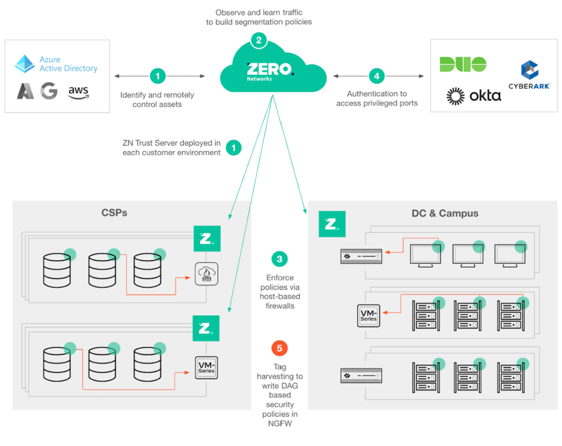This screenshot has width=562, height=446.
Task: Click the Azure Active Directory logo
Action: [56, 64]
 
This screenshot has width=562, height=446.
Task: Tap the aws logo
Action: [78, 91]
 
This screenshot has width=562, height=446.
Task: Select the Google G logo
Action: [49, 91]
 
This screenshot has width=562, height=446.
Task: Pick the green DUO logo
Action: [462, 65]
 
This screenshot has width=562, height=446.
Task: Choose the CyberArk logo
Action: [529, 75]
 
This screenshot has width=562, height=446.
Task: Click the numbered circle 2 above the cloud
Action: [258, 40]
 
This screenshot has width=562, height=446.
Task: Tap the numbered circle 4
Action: [376, 75]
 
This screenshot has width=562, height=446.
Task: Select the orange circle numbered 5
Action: [279, 348]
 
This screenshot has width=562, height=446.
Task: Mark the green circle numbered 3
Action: [279, 259]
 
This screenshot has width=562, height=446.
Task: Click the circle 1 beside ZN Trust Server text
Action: [233, 147]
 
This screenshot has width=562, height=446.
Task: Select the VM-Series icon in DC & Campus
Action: [369, 315]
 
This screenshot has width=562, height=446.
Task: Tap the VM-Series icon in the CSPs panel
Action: [206, 367]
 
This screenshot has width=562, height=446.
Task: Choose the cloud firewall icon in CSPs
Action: [206, 274]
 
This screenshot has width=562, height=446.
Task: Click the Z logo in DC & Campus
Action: [332, 224]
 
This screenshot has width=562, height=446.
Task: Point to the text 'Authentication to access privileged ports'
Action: [377, 98]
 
